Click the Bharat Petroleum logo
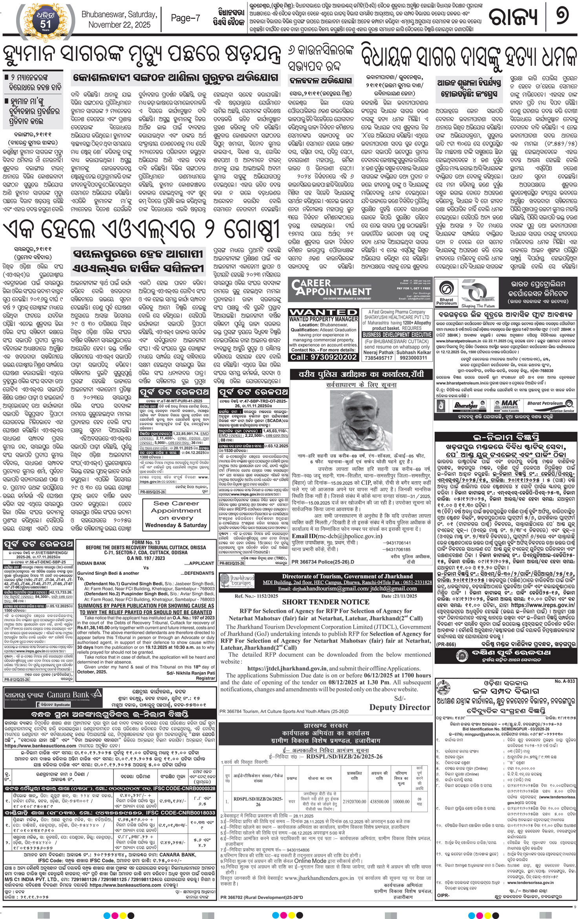tap(446, 294)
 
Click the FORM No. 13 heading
tap(146, 543)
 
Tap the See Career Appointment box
tap(176, 514)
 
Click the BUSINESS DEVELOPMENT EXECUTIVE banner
tap(397, 335)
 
